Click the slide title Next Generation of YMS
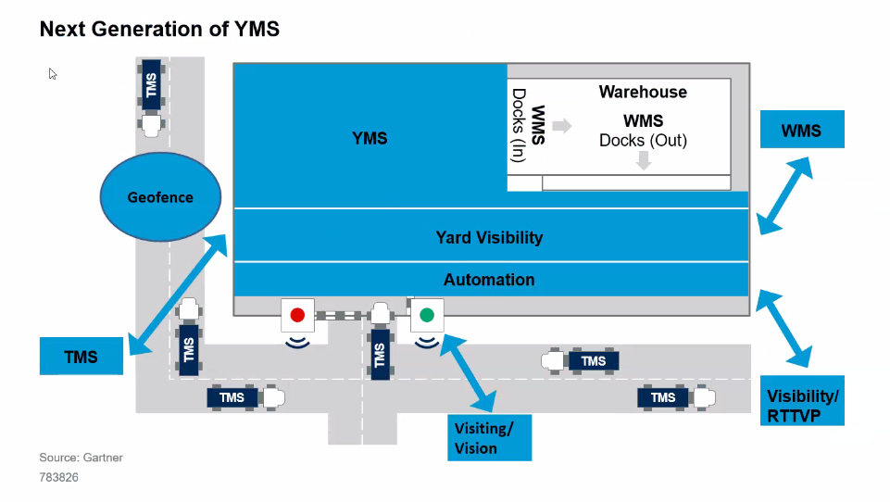click(x=159, y=30)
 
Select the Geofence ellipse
click(x=160, y=197)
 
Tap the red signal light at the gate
click(x=297, y=315)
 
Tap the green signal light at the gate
click(x=426, y=315)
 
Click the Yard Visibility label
click(x=489, y=238)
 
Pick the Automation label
click(x=489, y=280)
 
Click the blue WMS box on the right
click(x=801, y=130)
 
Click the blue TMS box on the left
click(x=81, y=357)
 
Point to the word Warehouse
click(x=643, y=92)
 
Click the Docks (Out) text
click(x=643, y=141)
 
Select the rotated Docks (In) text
click(x=519, y=126)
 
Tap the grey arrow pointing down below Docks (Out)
click(x=644, y=161)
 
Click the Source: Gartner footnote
click(x=81, y=458)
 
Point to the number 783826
click(x=58, y=478)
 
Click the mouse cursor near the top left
click(x=53, y=73)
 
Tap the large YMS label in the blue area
click(x=370, y=139)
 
